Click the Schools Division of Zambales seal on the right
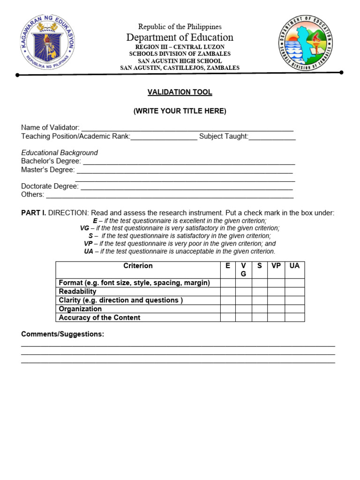(x=306, y=43)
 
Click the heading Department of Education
(x=180, y=37)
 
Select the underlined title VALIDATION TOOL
(x=180, y=92)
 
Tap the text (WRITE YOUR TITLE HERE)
(x=180, y=111)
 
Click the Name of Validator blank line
(x=187, y=128)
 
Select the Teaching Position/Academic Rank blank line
(x=164, y=137)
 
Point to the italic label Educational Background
(x=60, y=153)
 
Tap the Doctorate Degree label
(x=50, y=186)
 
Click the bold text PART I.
(x=33, y=213)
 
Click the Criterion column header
(x=138, y=266)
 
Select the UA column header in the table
(x=294, y=266)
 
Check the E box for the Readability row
(x=228, y=292)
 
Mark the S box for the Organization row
(x=260, y=309)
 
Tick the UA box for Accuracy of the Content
(x=294, y=317)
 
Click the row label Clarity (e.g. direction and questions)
(x=120, y=300)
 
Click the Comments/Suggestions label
(x=63, y=334)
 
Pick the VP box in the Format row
(x=276, y=283)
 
